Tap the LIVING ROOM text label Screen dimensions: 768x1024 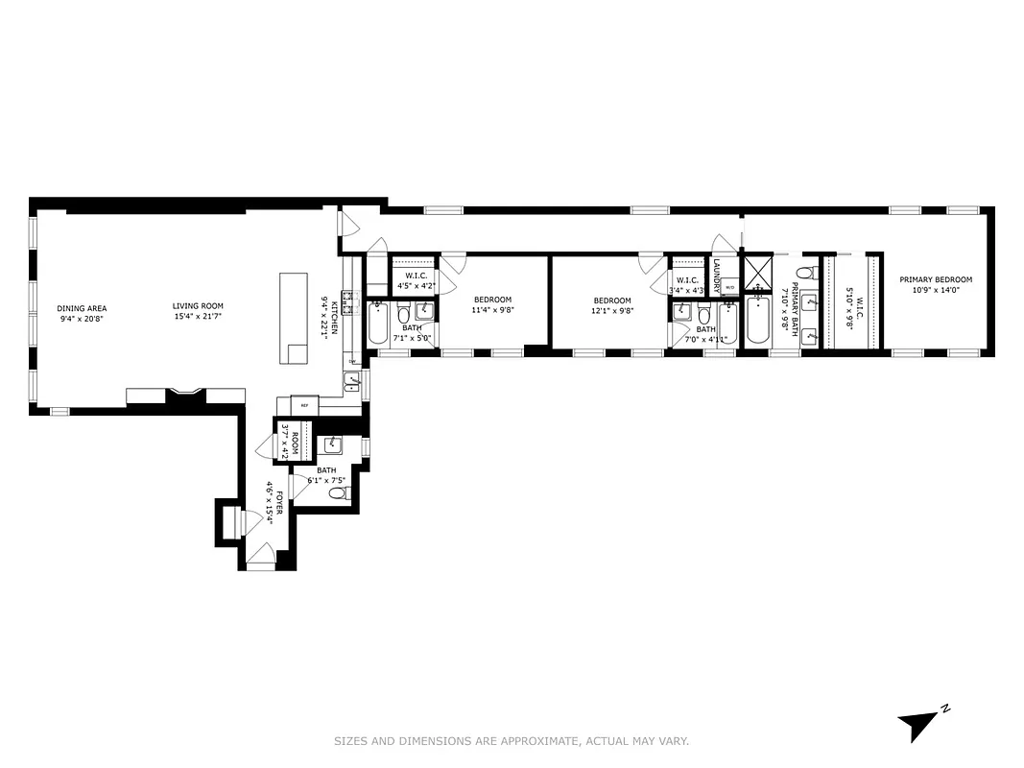199,307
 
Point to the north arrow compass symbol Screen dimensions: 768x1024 918,725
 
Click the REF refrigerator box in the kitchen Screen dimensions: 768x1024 304,406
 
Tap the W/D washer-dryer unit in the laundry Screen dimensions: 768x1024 728,287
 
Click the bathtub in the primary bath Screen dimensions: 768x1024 758,322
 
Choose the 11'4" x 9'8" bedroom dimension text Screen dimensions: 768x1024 492,310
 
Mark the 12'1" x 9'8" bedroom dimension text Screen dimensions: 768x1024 611,310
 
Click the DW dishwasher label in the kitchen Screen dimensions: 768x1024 352,362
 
